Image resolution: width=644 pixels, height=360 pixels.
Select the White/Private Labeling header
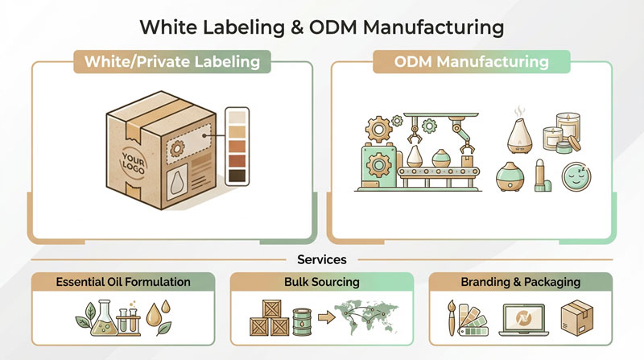tap(171, 62)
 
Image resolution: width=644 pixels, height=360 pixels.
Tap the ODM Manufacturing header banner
tap(471, 62)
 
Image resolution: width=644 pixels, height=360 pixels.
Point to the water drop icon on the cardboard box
tap(178, 184)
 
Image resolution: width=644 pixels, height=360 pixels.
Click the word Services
tap(321, 260)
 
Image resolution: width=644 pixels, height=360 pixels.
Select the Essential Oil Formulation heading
tap(123, 282)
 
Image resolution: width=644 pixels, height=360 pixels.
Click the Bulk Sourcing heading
tap(321, 282)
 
